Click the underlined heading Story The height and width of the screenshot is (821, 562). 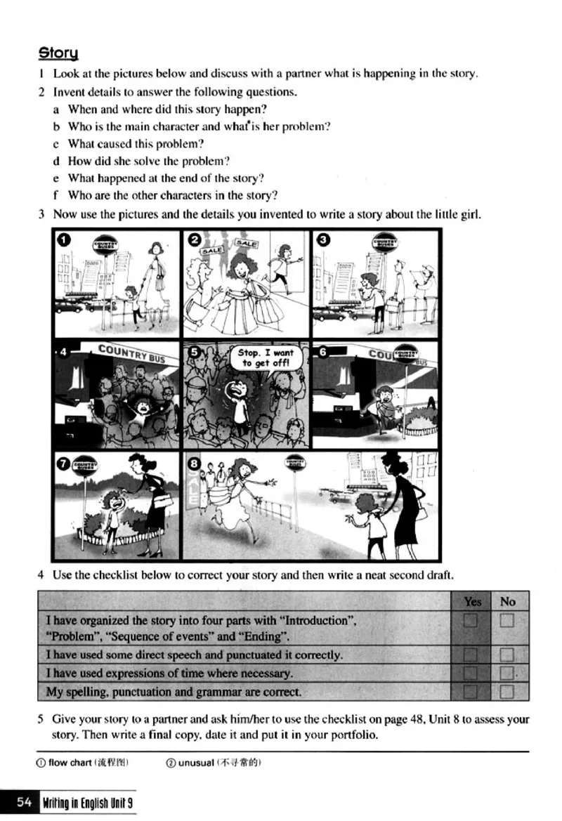tap(58, 53)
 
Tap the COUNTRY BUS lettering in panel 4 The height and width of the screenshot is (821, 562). tap(131, 353)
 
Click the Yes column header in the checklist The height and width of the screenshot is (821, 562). tap(473, 601)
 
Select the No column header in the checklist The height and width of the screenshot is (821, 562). tap(507, 601)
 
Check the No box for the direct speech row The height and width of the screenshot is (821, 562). tap(507, 655)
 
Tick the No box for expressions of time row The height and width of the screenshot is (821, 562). tap(507, 674)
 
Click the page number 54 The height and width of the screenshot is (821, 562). tap(25, 803)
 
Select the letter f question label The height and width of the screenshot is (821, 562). tap(55, 195)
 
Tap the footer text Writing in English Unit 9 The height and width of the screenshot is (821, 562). tap(87, 803)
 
